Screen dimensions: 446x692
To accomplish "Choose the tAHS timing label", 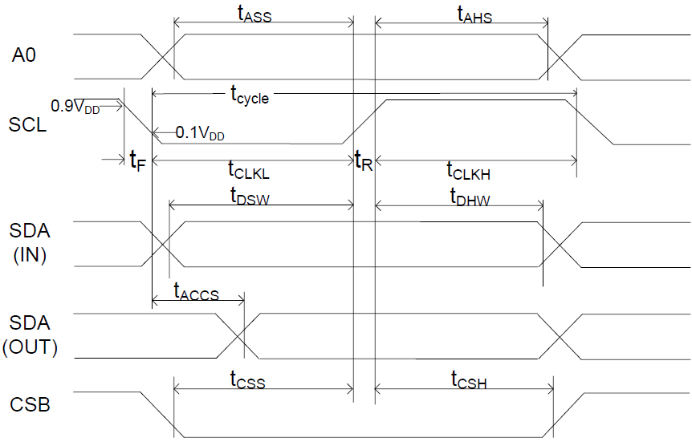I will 474,14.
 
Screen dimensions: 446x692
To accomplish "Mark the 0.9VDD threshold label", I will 75,107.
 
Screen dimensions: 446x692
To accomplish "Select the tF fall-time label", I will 137,160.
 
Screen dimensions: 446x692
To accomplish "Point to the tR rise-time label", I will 364,160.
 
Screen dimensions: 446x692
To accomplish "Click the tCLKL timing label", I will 250,170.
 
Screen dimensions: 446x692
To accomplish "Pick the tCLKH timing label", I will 468,170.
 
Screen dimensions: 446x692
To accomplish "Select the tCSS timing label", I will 247,379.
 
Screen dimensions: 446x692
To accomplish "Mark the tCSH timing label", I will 469,379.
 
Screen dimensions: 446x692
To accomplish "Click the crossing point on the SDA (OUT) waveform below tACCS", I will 243,334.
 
